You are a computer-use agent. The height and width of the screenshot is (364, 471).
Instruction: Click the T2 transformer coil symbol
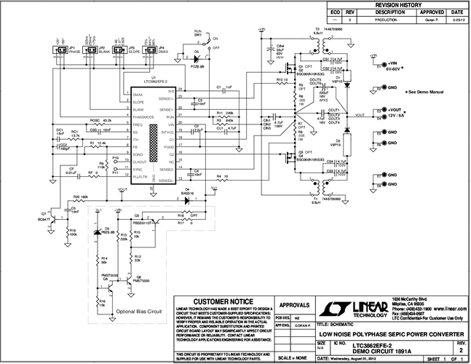click(x=318, y=44)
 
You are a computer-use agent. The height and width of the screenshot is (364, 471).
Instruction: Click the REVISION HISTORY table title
click(x=399, y=5)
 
